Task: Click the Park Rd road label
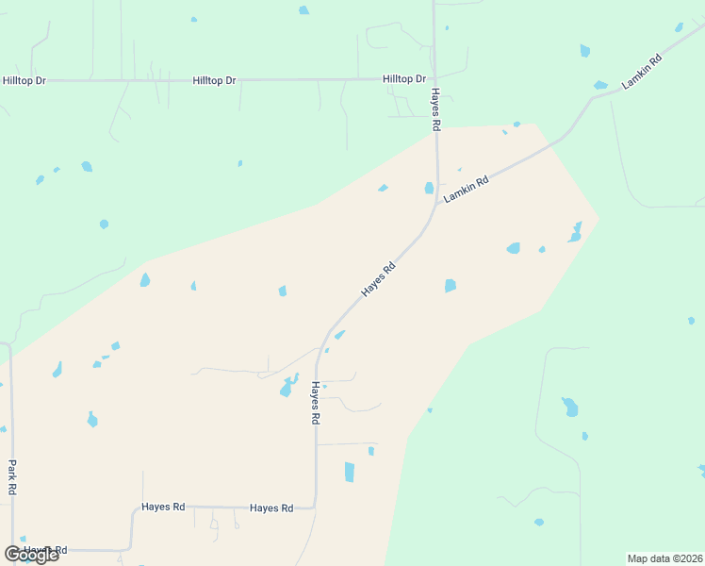(12, 476)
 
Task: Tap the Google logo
(31, 555)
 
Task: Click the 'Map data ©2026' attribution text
(664, 558)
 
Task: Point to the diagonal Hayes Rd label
(378, 279)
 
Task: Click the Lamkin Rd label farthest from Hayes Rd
(643, 73)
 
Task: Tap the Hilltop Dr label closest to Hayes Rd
(404, 79)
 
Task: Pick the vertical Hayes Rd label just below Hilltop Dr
(436, 109)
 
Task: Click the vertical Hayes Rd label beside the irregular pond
(317, 403)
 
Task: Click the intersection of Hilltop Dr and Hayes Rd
(434, 79)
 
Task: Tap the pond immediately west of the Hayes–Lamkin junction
(429, 188)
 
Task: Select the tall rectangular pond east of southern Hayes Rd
(350, 472)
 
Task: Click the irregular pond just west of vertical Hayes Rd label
(287, 387)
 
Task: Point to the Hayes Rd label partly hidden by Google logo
(45, 549)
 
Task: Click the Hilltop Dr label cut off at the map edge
(24, 81)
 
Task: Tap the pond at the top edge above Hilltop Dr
(303, 10)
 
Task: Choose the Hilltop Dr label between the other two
(214, 81)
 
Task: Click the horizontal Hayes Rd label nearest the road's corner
(271, 508)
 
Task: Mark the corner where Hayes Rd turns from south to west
(315, 506)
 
